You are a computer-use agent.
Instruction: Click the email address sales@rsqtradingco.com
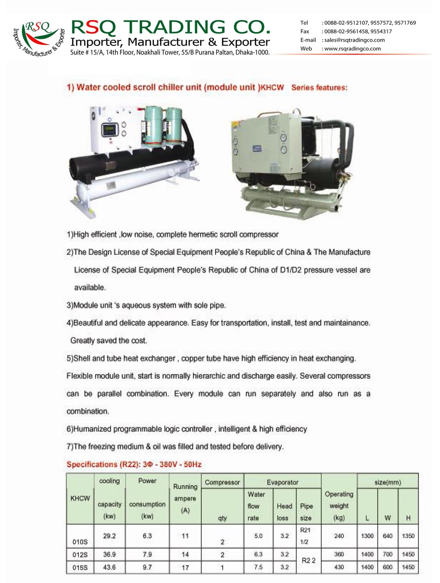(354, 40)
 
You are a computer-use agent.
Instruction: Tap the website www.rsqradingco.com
(352, 49)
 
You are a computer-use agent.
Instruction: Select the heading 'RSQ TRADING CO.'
(170, 27)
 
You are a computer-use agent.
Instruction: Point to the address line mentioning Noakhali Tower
(170, 52)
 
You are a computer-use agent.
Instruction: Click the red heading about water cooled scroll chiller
(207, 87)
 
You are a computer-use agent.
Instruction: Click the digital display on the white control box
(108, 130)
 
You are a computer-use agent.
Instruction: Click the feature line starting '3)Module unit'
(146, 305)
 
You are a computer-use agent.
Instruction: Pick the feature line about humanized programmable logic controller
(187, 429)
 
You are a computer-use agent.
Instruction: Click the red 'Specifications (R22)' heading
(134, 465)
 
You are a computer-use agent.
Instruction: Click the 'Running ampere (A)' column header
(185, 498)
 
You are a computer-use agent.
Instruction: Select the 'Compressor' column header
(222, 483)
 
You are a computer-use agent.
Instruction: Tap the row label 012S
(80, 555)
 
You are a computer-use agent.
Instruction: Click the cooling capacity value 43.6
(109, 568)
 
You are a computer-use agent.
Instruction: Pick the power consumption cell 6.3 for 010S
(147, 536)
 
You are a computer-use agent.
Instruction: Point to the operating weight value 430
(339, 568)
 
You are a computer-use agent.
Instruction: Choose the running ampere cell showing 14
(185, 555)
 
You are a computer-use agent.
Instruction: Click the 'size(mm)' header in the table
(387, 483)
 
